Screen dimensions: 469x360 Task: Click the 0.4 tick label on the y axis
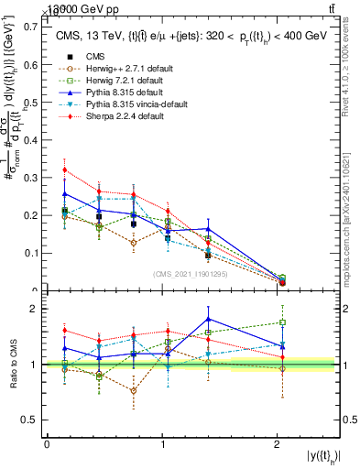coord(32,139)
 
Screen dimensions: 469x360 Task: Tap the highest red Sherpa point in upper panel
coord(64,169)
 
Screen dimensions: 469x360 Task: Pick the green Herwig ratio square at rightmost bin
coord(282,322)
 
